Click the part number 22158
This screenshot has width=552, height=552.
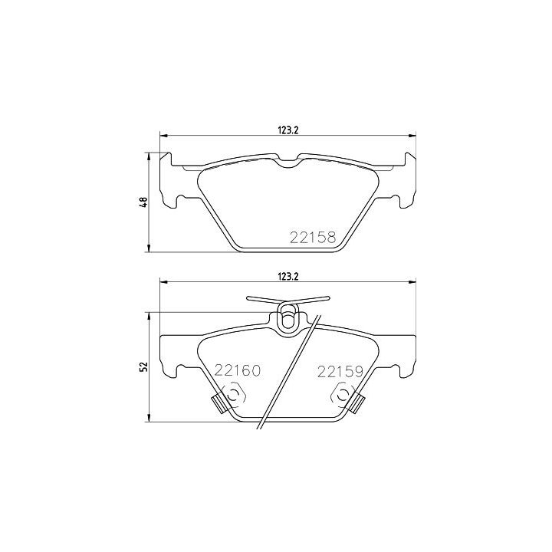pos(313,238)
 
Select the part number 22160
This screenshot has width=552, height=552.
pos(238,371)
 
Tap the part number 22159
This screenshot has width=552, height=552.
pos(340,372)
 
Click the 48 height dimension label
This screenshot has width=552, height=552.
pos(143,202)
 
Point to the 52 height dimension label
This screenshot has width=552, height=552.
pos(143,367)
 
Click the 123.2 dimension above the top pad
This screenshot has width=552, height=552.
pos(288,130)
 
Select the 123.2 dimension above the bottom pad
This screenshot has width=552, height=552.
pos(288,276)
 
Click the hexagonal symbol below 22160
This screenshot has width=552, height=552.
pos(233,396)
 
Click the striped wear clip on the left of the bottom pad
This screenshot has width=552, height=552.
pos(219,404)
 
